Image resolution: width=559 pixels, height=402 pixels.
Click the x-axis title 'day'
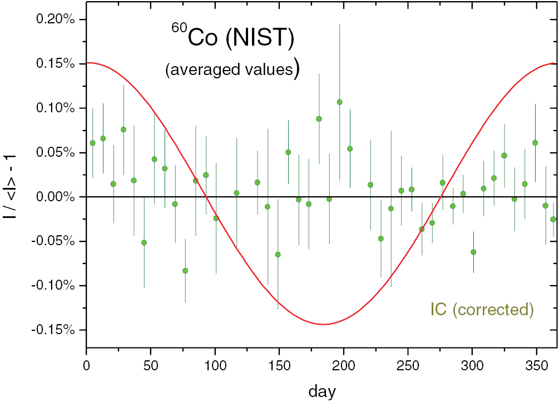point(322,391)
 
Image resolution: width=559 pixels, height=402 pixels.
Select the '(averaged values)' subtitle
point(232,70)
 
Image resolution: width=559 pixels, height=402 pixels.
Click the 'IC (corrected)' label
point(482,309)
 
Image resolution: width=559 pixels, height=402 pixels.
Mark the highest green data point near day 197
point(339,102)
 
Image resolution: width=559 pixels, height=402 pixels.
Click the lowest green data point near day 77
point(185,271)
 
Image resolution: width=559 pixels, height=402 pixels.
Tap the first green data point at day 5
point(92,143)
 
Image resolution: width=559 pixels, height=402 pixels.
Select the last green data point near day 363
point(553,219)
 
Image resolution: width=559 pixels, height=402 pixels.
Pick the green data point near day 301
point(473,252)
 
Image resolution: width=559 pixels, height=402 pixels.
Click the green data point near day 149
point(278,255)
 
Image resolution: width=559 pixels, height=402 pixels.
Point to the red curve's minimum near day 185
point(324,324)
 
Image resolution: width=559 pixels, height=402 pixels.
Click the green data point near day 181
point(319,119)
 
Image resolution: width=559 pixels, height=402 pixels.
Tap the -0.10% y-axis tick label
point(55,286)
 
